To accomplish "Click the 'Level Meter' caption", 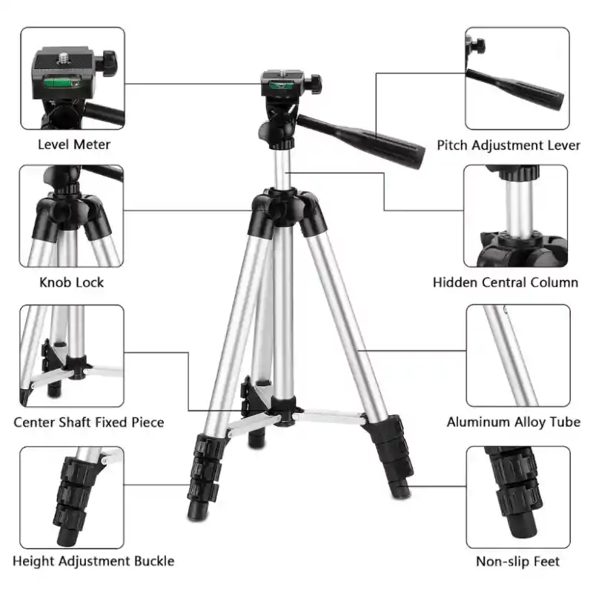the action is pos(74,145).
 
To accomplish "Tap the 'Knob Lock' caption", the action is pos(71,282).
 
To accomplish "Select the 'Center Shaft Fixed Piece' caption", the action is pos(89,422).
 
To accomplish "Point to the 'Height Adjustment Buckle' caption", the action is pos(93,561).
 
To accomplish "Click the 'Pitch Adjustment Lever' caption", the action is pos(508,145).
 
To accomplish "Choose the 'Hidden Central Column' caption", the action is pos(506,282).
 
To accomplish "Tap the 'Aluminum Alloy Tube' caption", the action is pos(514,422).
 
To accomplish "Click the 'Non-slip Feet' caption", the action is pos(517,562).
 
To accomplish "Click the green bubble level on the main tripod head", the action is pos(282,85).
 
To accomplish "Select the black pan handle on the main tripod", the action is pos(361,141).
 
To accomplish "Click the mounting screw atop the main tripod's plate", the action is pos(282,71).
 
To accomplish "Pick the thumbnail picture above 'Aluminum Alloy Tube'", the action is pos(518,356).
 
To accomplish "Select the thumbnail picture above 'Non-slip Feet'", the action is pos(518,497).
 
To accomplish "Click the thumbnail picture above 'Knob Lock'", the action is pos(71,216).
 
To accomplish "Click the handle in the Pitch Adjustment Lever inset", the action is pos(515,89).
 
